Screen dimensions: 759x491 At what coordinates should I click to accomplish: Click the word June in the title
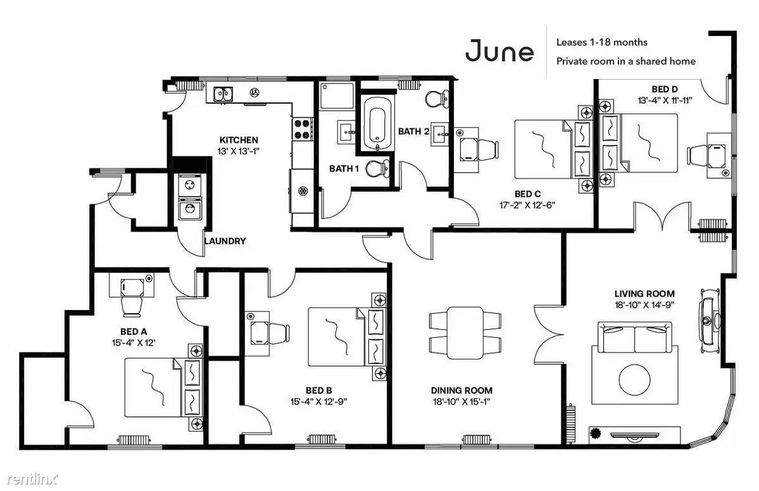coord(499,51)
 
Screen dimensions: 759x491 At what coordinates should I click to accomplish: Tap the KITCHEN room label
coord(239,140)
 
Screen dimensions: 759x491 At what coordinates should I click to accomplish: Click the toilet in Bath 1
coord(377,169)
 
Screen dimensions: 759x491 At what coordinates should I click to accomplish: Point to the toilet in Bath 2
coord(437,99)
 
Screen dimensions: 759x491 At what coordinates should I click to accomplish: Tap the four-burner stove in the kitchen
coord(302,129)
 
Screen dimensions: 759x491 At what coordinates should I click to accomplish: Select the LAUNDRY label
coord(225,241)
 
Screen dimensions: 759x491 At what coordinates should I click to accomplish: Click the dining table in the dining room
coord(465,333)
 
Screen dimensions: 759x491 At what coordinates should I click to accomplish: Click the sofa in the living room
coord(634,338)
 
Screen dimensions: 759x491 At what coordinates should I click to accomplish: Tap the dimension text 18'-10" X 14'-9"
coord(644,305)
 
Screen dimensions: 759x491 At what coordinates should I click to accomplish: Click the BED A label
coord(134,332)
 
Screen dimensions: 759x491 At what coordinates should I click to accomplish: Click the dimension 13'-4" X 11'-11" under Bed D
coord(665,101)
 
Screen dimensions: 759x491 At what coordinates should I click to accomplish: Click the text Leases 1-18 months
coord(601,42)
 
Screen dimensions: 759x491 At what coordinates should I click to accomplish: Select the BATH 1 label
coord(344,169)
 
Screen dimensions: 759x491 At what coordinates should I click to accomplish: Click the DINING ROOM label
coord(461,390)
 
